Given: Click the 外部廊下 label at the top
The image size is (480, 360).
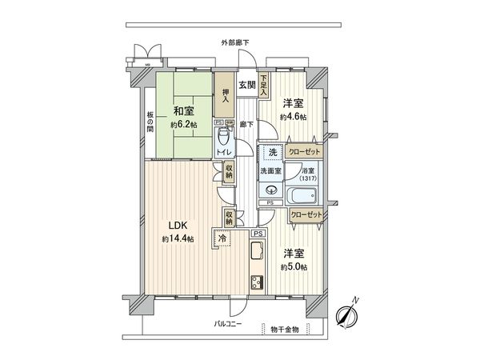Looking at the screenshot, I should click(235, 42).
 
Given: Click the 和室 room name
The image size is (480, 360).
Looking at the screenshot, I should click(182, 112).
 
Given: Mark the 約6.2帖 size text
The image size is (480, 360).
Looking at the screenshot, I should click(182, 126).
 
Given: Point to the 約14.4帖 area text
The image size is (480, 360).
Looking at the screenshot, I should click(178, 239).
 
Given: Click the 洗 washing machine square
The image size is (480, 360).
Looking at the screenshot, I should click(272, 152).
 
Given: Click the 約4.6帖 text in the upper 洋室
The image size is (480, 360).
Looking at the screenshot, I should click(294, 117).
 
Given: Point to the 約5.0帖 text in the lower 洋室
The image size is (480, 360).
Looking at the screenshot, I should click(294, 266).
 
